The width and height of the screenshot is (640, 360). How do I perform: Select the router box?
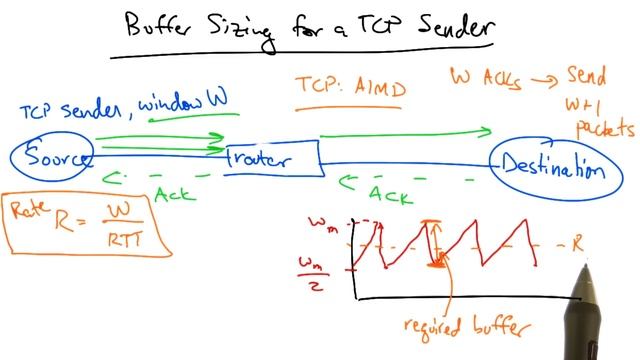coord(270,158)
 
